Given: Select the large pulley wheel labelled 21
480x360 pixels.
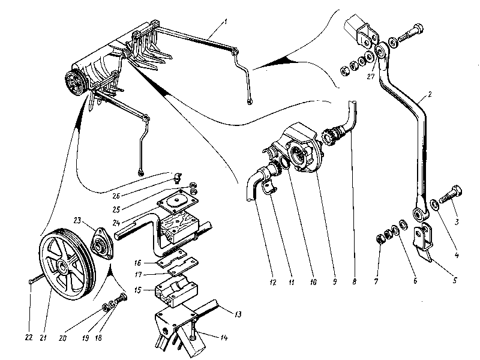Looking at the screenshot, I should [65, 263].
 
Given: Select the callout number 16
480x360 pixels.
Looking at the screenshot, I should [137, 262].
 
